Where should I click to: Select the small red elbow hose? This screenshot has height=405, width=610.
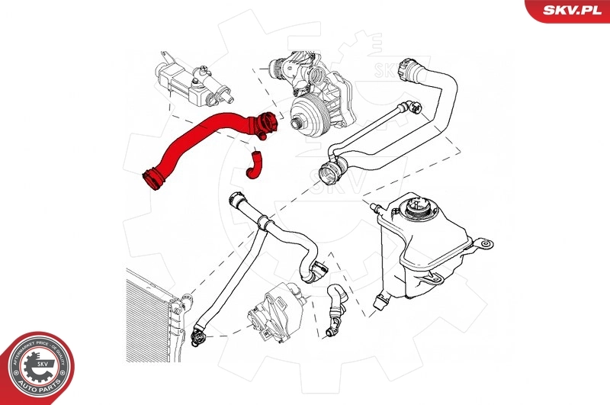coord(252,166)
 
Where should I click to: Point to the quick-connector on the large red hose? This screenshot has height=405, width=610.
coord(265,124)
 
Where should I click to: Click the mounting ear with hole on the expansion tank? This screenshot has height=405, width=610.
coord(483,244)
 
